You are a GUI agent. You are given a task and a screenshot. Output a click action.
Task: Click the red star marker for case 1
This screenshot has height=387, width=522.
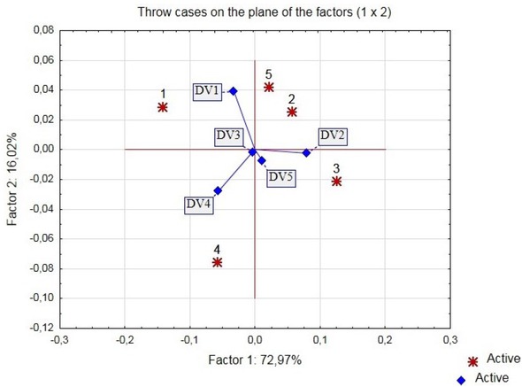[x=163, y=107]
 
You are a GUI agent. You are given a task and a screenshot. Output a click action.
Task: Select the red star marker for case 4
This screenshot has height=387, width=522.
[x=217, y=262]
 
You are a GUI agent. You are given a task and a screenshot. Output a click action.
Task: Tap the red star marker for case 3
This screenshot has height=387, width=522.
[x=336, y=181]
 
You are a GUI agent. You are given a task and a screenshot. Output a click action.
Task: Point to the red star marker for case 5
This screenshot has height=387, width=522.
[x=268, y=87]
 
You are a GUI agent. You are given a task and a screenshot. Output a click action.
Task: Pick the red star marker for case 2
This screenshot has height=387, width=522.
[x=292, y=112]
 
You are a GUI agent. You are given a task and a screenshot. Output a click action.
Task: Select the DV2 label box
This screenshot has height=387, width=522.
[x=333, y=135]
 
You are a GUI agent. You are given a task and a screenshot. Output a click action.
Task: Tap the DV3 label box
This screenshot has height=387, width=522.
[x=228, y=135]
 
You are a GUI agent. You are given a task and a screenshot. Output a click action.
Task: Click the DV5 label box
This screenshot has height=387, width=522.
[x=281, y=176]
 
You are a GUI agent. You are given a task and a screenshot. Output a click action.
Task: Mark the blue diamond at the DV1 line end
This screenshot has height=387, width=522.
[x=233, y=90]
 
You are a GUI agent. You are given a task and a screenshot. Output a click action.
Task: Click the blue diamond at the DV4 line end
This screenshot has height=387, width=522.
[x=218, y=191]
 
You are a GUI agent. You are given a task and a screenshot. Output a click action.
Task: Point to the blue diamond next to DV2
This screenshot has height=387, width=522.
[x=307, y=153]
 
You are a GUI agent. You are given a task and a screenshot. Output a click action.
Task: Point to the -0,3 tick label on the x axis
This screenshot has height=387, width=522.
[x=59, y=339]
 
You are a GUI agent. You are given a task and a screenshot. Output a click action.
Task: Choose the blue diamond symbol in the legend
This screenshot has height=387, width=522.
[x=460, y=379]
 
